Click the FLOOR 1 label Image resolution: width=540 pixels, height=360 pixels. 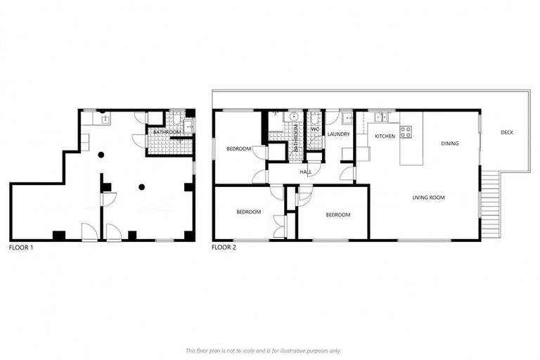tap(21, 248)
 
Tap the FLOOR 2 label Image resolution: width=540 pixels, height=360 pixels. tap(224, 248)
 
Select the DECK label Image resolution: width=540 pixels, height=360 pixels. tap(506, 133)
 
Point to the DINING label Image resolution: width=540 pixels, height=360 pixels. tap(449, 143)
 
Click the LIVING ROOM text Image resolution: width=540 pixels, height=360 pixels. tap(428, 198)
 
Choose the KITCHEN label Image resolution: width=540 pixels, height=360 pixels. tap(385, 136)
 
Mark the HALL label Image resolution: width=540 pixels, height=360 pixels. tap(305, 171)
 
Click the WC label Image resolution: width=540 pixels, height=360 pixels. tap(314, 131)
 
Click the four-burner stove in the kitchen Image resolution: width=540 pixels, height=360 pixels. tap(406, 131)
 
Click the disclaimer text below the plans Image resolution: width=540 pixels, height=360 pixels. tap(263, 350)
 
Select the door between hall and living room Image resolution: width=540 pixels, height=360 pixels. tap(348, 173)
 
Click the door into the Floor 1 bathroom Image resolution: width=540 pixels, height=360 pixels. tap(139, 139)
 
